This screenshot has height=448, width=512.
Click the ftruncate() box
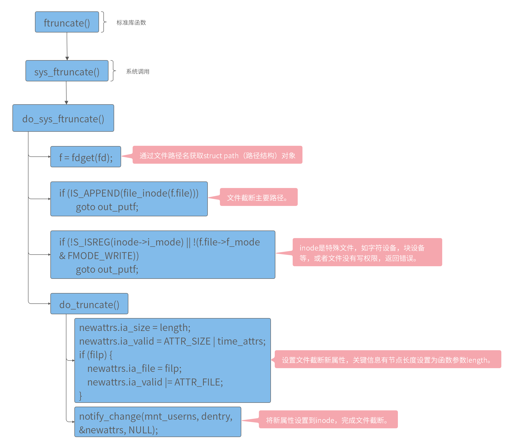tap(67, 22)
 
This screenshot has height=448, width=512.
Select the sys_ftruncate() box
tap(67, 71)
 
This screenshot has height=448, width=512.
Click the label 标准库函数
tap(131, 23)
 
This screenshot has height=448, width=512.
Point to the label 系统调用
tap(138, 72)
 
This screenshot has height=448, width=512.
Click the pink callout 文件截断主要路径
tap(258, 197)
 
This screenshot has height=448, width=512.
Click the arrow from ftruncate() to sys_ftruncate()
tap(67, 46)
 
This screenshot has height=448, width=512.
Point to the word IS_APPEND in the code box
tap(95, 193)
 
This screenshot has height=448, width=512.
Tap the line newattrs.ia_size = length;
tap(135, 328)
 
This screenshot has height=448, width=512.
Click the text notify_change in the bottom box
tap(110, 416)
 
